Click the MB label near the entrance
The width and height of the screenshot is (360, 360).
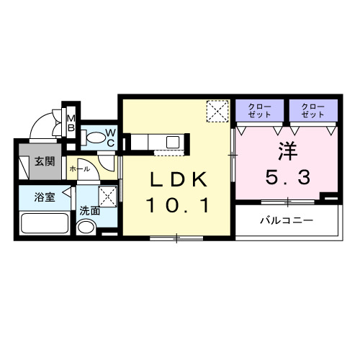click(x=71, y=123)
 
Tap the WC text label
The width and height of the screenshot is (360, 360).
click(x=111, y=137)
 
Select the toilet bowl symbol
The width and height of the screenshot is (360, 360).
click(x=92, y=137)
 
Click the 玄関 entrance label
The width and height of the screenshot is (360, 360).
click(x=44, y=161)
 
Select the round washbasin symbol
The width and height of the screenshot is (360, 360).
click(x=86, y=228)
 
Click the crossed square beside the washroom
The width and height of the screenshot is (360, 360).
click(x=108, y=194)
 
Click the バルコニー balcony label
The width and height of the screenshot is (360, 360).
click(x=287, y=220)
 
